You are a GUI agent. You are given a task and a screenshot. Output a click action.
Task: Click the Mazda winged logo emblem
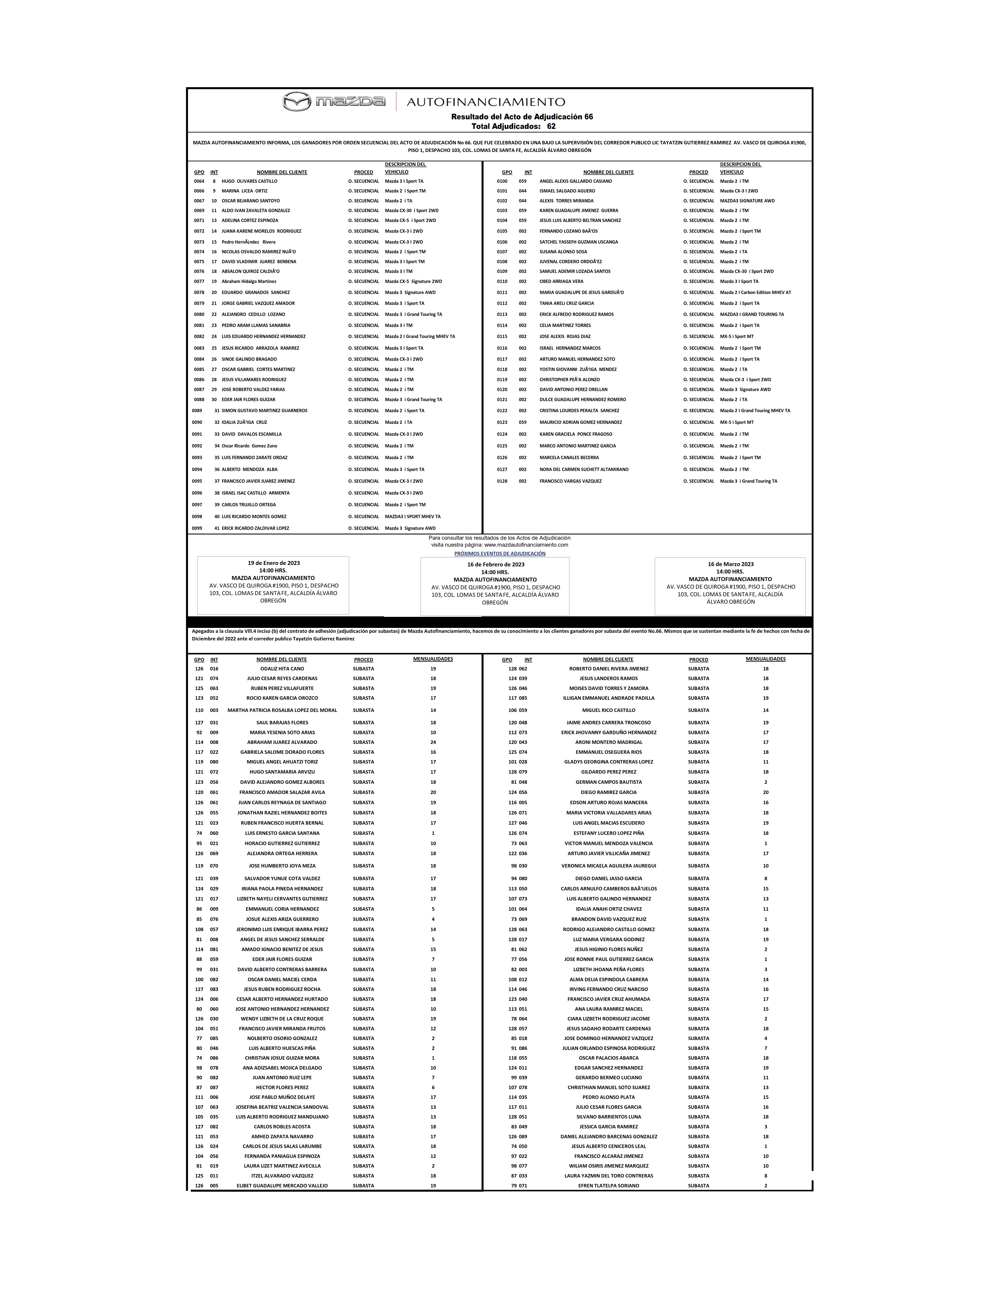coord(296,102)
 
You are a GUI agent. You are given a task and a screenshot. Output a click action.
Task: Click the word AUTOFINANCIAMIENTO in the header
coord(486,102)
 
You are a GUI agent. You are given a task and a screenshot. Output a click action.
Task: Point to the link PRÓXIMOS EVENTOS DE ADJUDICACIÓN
coord(500,553)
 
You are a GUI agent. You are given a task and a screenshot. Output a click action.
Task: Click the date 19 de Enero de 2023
coord(273,563)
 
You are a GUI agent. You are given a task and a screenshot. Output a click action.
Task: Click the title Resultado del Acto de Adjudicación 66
coord(522,117)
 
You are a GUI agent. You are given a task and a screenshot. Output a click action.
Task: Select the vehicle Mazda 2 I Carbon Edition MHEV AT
coord(755,292)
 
